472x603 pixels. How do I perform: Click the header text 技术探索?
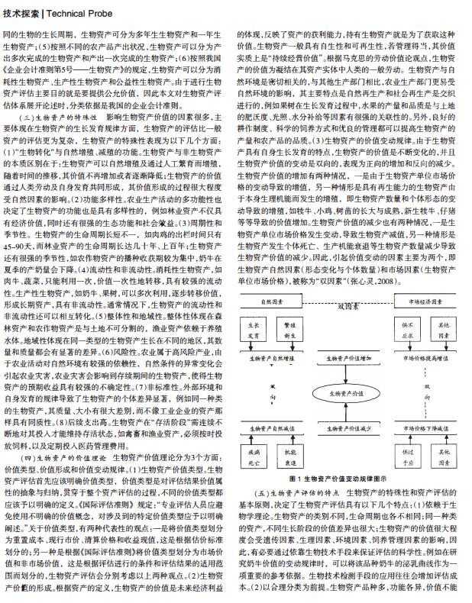click(21, 11)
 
